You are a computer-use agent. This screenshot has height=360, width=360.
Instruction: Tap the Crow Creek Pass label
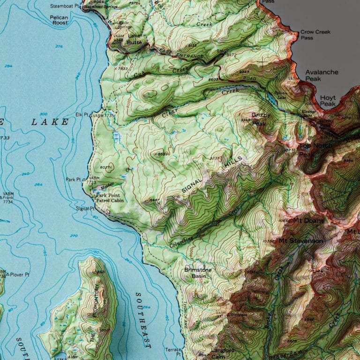coord(315,35)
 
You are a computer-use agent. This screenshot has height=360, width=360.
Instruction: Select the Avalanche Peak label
coord(322,75)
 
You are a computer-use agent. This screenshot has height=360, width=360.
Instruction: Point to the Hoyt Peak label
coord(328,100)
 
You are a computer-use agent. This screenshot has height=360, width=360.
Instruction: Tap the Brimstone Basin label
coord(197,273)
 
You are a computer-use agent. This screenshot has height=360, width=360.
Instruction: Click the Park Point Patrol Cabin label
coord(110,198)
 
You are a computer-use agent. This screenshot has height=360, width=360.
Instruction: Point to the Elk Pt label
coord(82,115)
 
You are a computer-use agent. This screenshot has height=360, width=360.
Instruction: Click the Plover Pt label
coord(19,274)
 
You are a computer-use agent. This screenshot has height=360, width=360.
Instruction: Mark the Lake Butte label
coord(135,39)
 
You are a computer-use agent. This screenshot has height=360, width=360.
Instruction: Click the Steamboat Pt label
coord(65,7)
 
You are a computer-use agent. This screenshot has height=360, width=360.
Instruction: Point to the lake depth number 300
coord(44,114)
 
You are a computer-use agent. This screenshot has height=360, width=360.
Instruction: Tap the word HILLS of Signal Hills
coord(233,163)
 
